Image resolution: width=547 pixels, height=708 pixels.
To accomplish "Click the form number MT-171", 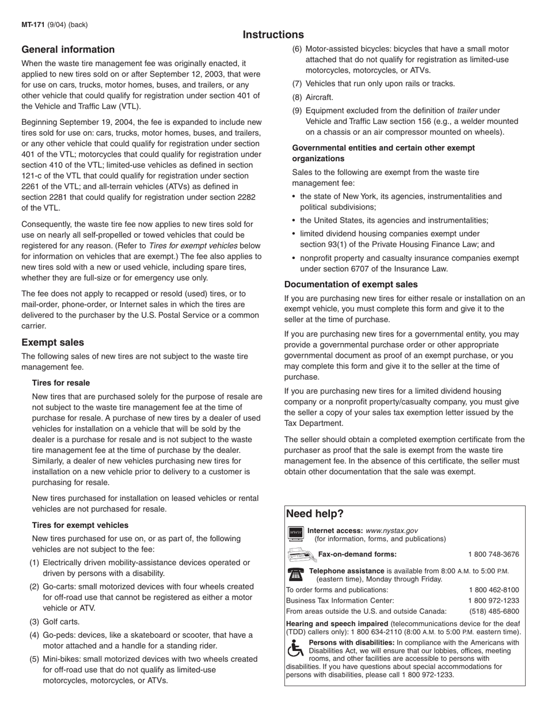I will point(32,25).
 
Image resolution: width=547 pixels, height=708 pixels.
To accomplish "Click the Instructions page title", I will point(273,35).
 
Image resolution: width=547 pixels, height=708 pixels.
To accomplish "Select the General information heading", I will point(68,50).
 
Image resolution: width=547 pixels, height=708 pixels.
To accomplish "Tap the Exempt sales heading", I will point(52,342).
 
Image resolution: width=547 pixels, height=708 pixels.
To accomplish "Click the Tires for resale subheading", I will point(60,383).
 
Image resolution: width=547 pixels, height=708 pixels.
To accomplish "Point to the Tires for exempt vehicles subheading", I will point(80,525).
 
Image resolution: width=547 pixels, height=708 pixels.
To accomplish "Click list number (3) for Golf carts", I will point(35,622).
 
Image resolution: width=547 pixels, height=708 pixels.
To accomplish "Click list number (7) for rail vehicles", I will point(297,83).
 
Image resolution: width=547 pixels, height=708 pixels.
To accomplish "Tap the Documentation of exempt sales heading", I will point(351,284).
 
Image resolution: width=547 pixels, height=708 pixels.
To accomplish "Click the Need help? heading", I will point(314,514).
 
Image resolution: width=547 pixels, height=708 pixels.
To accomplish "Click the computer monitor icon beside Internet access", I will point(295,534).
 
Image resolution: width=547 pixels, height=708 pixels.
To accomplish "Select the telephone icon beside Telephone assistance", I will point(295,574).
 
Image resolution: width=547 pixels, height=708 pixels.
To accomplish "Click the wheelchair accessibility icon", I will point(295,648).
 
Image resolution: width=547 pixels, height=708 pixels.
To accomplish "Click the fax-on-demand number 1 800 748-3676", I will point(493,554).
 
